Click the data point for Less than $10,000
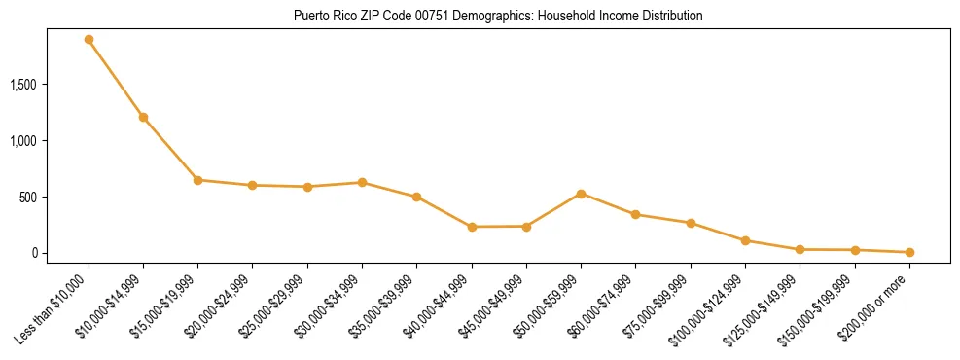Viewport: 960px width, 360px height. coord(89,40)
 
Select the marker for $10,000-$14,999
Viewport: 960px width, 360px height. coord(143,118)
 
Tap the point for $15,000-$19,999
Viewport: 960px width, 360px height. coord(197,180)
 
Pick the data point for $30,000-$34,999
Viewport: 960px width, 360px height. coord(362,183)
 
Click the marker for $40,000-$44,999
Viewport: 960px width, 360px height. coord(472,227)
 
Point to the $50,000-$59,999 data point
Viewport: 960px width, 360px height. coord(581,194)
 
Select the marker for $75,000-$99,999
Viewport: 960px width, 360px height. coord(691,223)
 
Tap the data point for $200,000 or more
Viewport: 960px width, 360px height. coord(909,252)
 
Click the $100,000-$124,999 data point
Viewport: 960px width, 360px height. coord(745,240)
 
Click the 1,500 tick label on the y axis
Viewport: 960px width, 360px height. coord(50,85)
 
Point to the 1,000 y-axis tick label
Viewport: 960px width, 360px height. coord(50,141)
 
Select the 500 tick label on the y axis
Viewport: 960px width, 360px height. coord(54,197)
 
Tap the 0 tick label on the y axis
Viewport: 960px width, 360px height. coord(60,253)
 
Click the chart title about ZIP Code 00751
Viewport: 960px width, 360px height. coord(498,17)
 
